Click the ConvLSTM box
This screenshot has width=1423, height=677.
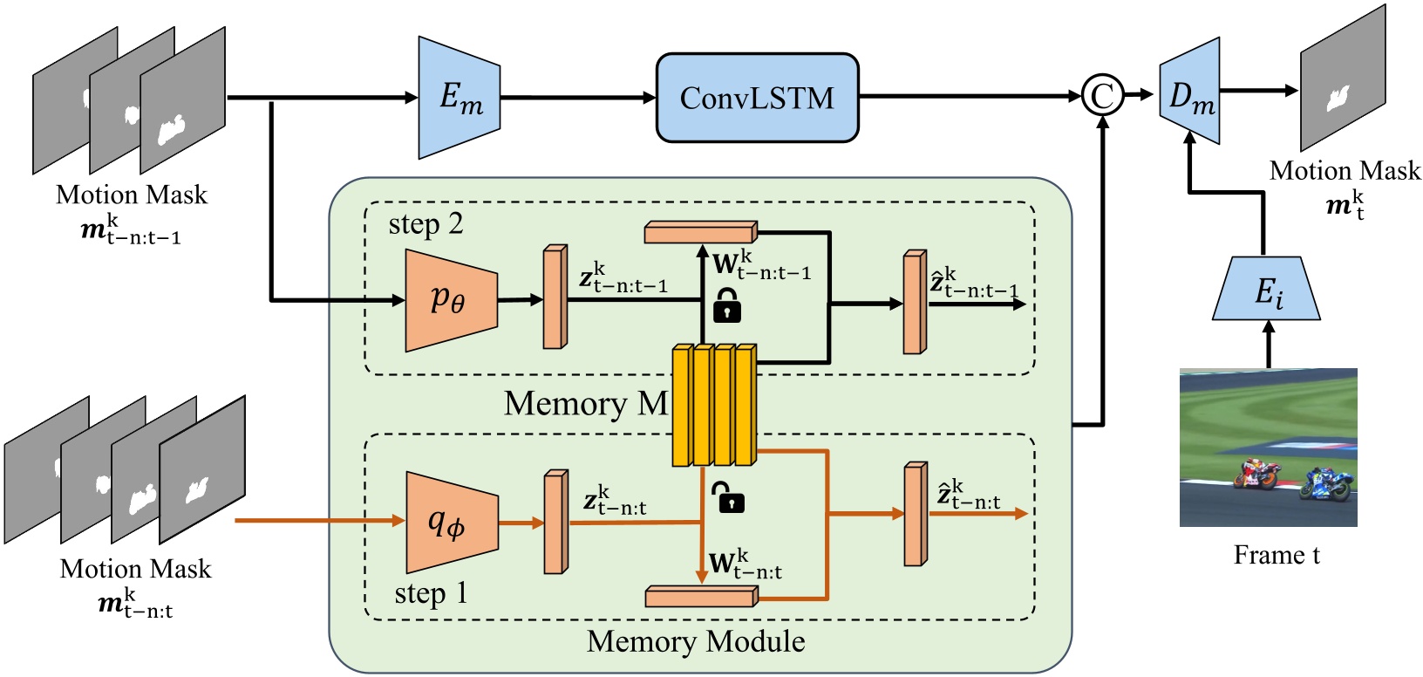tap(757, 98)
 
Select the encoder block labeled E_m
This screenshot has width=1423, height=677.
tap(459, 98)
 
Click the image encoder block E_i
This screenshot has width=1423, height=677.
tap(1269, 290)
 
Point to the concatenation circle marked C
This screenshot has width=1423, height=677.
tap(1102, 95)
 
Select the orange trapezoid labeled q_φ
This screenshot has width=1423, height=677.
tap(451, 523)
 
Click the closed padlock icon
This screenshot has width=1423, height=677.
tap(727, 306)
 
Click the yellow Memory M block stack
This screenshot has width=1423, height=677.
tap(714, 405)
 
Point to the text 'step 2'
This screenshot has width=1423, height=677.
tap(426, 224)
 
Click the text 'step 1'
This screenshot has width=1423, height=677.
tap(431, 593)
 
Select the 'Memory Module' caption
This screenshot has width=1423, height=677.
tap(695, 641)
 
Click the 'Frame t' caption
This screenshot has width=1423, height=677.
tap(1276, 555)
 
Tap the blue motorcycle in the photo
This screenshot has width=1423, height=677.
tap(1327, 484)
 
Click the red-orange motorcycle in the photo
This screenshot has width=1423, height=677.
tap(1256, 475)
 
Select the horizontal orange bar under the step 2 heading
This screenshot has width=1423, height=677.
tap(700, 232)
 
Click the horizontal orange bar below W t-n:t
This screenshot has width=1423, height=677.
tap(700, 597)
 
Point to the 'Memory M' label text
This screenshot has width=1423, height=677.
tap(585, 404)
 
